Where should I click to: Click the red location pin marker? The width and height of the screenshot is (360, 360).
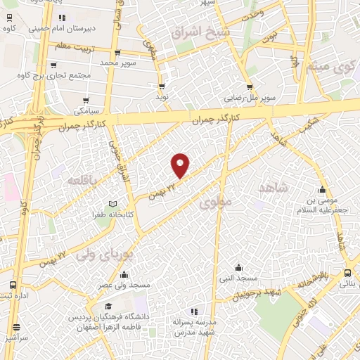(x=181, y=165)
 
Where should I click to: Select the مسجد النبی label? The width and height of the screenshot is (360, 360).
(x=238, y=278)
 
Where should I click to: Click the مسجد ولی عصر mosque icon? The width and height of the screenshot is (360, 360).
(x=124, y=274)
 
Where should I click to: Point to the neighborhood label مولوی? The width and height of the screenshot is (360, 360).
(x=215, y=204)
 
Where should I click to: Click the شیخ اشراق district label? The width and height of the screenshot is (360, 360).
(x=198, y=33)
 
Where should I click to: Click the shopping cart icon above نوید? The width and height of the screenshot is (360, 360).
(x=162, y=86)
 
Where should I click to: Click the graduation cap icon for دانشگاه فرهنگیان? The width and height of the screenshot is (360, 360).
(x=108, y=307)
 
